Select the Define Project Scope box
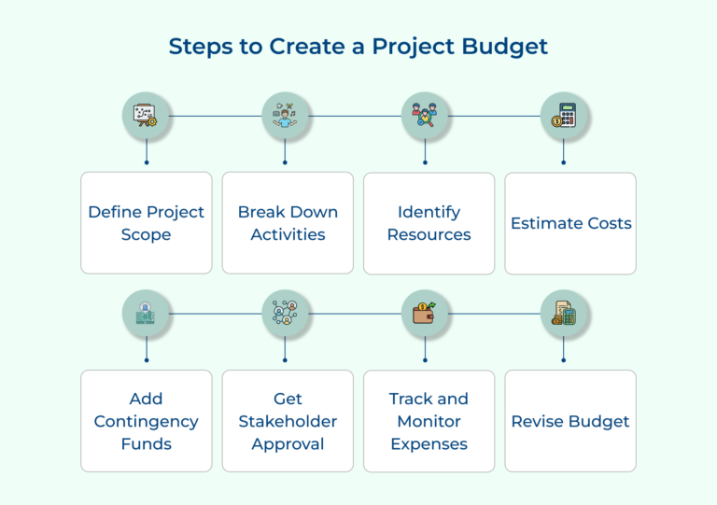coord(146,223)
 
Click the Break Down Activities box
coord(288,223)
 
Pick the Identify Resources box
coord(429,223)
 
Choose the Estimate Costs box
coord(570,223)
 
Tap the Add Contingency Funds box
coord(146,421)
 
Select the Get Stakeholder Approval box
coord(288,421)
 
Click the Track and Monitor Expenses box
coord(429,421)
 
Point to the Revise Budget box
coord(570,421)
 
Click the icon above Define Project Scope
coord(146,117)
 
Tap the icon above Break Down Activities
coord(285,117)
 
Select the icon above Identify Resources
coord(425,117)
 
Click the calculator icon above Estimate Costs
coord(564,117)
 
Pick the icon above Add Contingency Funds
coord(146,315)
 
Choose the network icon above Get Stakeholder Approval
coord(285,315)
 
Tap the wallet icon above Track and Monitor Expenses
coord(425,315)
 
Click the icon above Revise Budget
coord(564,315)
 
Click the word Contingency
coord(146,421)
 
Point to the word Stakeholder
coord(288,421)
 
